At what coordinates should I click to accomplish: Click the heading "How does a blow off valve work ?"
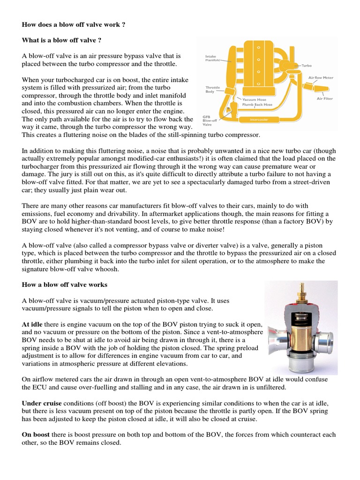[74, 24]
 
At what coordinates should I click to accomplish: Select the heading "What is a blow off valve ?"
[61, 40]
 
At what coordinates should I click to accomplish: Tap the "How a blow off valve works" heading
[65, 285]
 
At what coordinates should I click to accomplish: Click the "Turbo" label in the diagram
[307, 66]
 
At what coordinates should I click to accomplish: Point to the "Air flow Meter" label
[321, 77]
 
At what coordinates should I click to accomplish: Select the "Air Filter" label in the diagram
[325, 98]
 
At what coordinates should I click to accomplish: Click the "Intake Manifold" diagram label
[212, 58]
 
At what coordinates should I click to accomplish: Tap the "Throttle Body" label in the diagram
[212, 90]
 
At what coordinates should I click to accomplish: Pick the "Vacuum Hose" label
[254, 99]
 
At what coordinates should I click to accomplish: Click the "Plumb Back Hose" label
[257, 105]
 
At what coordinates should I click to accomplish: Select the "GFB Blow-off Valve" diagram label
[210, 120]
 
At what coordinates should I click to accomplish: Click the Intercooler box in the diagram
[259, 120]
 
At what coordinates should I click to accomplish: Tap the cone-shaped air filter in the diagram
[322, 90]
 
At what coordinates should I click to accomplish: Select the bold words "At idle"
[32, 324]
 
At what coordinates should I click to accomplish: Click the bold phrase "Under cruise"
[42, 403]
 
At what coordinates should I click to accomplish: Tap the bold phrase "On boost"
[36, 435]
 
